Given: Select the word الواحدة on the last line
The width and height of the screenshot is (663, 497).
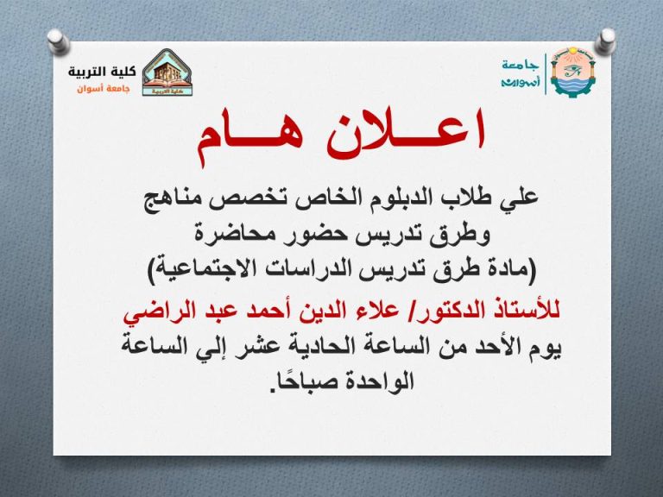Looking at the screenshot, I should point(370,379).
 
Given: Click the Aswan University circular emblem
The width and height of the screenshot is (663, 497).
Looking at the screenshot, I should point(571,71).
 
